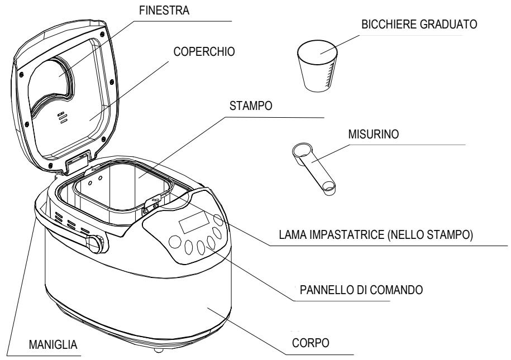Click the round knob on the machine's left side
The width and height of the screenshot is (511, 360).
(x=97, y=243)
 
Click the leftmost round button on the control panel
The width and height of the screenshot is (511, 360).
(x=175, y=242)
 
